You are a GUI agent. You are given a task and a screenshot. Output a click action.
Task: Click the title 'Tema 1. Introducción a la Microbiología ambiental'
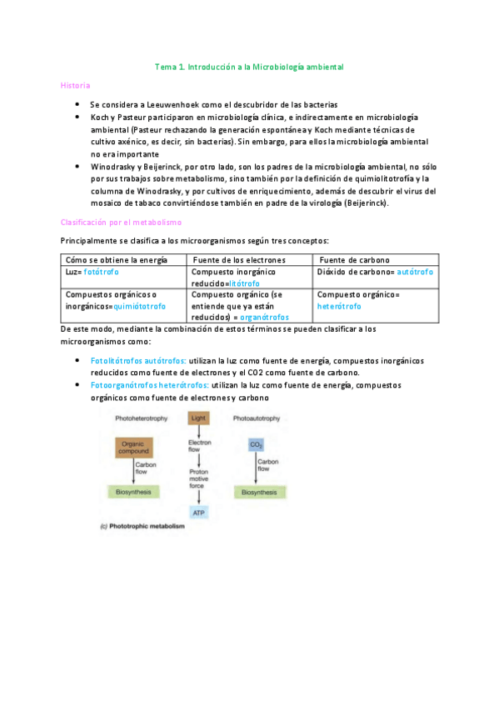249,66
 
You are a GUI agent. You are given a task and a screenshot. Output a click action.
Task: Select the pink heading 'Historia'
75,86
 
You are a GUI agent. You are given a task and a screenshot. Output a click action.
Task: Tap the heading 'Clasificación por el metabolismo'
122,223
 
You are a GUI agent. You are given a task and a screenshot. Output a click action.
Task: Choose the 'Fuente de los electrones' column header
239,260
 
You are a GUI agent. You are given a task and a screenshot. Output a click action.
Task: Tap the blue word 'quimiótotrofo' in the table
139,306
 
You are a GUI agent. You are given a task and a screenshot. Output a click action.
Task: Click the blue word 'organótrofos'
265,318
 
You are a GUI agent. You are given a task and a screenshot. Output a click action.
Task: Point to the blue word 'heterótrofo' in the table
339,306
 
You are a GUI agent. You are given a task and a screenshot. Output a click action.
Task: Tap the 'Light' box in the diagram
198,419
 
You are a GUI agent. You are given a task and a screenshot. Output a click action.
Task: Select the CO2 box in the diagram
256,445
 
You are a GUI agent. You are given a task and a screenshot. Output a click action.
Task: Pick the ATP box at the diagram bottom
198,512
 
